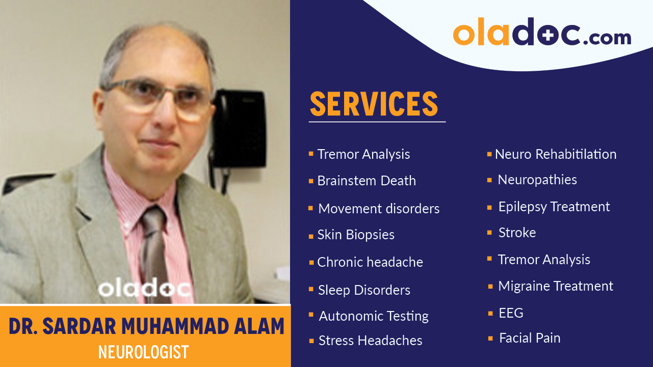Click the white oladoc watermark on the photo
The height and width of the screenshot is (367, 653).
click(145, 288)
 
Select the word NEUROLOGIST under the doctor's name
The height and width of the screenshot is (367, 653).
click(143, 352)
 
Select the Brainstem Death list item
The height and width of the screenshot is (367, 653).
click(366, 181)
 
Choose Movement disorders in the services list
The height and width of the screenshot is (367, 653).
click(378, 209)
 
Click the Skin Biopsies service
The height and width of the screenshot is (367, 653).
click(356, 235)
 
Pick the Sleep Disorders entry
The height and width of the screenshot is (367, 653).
click(364, 290)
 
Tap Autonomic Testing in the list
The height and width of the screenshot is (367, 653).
click(374, 316)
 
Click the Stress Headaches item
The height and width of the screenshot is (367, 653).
click(370, 341)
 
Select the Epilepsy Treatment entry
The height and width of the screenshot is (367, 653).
click(554, 207)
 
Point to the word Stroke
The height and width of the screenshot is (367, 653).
click(517, 233)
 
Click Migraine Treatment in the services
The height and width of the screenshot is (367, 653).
click(555, 286)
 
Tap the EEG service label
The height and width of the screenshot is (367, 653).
click(511, 313)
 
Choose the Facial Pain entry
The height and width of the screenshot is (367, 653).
click(529, 338)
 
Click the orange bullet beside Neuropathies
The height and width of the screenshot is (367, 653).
click(489, 180)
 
